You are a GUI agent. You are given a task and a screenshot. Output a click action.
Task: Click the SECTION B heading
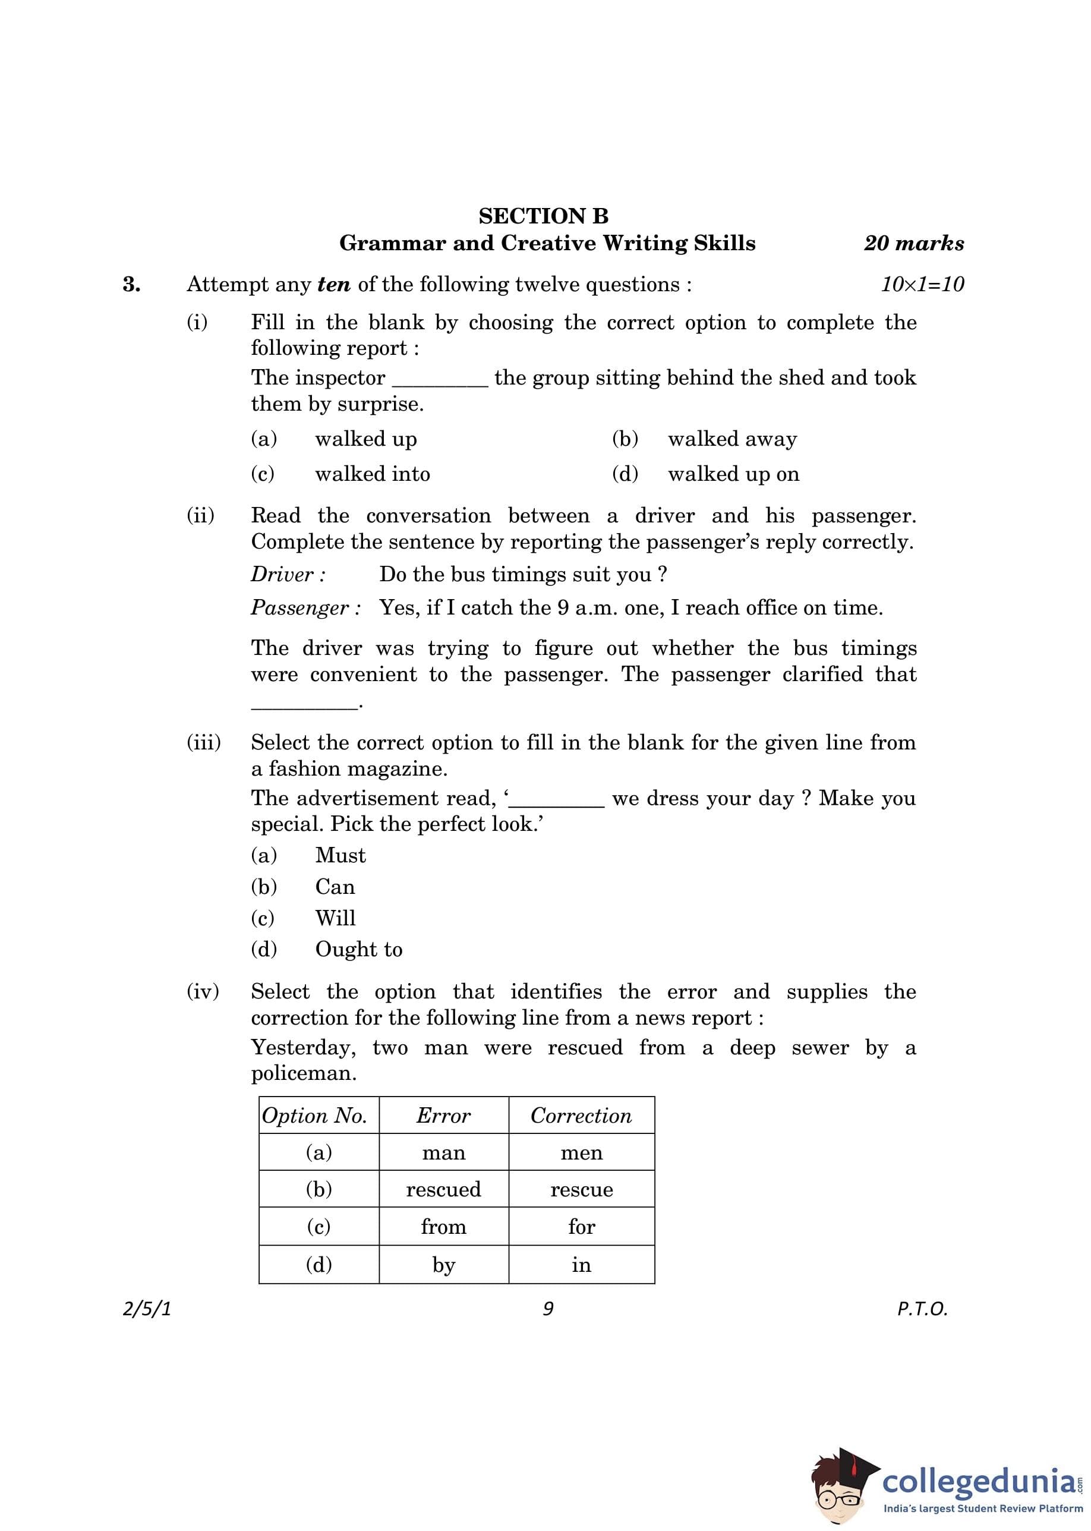tap(544, 216)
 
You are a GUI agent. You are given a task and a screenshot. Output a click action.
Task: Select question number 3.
tap(132, 284)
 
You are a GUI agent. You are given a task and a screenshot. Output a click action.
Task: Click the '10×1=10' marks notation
tap(922, 284)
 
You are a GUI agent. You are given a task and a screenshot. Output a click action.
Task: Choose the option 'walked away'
tap(731, 439)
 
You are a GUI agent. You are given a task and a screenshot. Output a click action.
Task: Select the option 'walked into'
tap(372, 474)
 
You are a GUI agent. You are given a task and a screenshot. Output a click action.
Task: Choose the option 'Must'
tap(340, 855)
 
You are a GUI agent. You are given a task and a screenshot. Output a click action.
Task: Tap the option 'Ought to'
tap(359, 949)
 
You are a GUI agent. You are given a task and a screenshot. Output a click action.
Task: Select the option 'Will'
tap(335, 918)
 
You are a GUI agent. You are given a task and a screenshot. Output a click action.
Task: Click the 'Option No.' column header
tap(314, 1116)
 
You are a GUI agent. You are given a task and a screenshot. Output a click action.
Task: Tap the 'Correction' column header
tap(581, 1116)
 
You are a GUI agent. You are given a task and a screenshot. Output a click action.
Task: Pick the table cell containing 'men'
tap(581, 1154)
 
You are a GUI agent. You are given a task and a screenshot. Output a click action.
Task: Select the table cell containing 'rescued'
tap(443, 1190)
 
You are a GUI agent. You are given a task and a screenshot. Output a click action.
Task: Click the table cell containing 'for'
tap(581, 1227)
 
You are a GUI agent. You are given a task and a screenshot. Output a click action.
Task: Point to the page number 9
tap(548, 1309)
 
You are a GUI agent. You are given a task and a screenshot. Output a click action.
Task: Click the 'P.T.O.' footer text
tap(922, 1309)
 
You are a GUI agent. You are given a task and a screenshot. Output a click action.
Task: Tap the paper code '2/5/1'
tap(147, 1309)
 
